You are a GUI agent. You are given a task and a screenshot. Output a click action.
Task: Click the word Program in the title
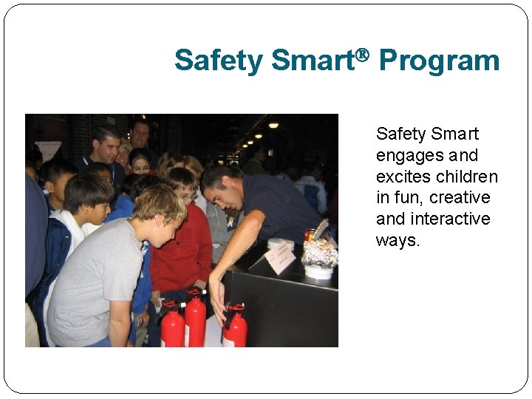point(439,61)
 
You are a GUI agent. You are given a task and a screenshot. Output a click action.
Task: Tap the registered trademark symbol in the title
point(362,54)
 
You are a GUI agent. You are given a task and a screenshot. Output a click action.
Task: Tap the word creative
point(460,198)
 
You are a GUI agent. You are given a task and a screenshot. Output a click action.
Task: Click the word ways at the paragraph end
point(398,241)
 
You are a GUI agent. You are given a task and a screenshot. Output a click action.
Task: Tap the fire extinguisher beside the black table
point(235,327)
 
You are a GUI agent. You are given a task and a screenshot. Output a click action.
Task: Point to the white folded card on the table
point(281,258)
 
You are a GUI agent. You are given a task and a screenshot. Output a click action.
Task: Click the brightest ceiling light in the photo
point(273,126)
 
